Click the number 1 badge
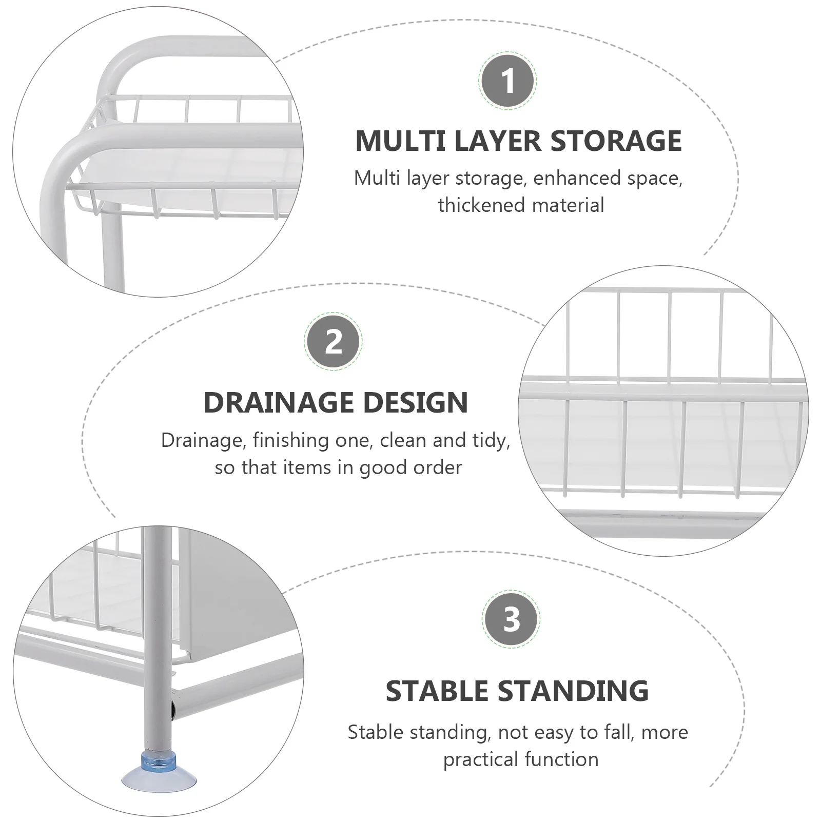[x=508, y=81]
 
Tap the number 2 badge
[x=334, y=341]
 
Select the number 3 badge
[x=511, y=619]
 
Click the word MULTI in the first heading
[x=400, y=141]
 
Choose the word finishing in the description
[x=290, y=441]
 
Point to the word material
[x=568, y=205]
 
